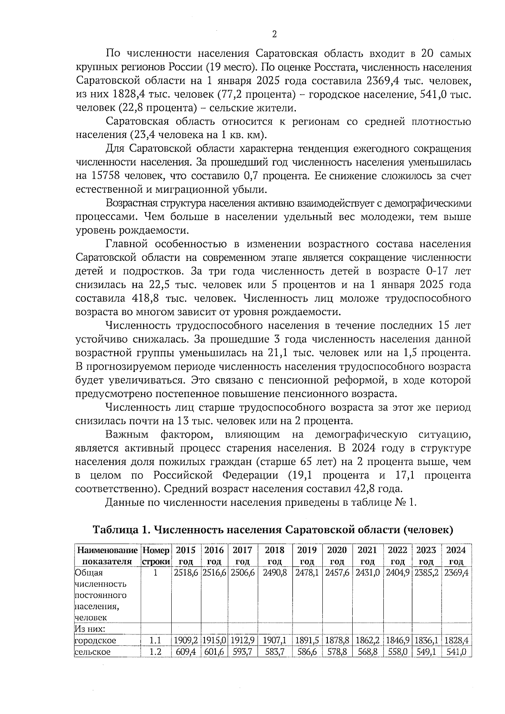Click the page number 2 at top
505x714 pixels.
(274, 35)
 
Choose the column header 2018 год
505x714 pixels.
(275, 556)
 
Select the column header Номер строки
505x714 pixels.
(156, 556)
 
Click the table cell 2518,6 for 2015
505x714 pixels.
(186, 573)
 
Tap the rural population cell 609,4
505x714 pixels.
(186, 652)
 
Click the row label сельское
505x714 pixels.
(93, 652)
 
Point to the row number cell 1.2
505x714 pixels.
(156, 652)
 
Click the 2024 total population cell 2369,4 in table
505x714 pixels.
(456, 573)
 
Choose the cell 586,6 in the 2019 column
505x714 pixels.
(307, 652)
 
